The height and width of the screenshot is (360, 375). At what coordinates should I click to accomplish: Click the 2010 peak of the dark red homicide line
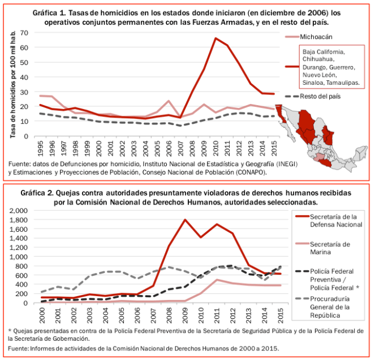pyautogui.click(x=215, y=38)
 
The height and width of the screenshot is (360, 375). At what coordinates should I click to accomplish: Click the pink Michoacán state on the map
pyautogui.click(x=321, y=156)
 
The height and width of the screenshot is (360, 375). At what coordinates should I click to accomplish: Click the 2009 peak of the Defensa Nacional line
pyautogui.click(x=185, y=219)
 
